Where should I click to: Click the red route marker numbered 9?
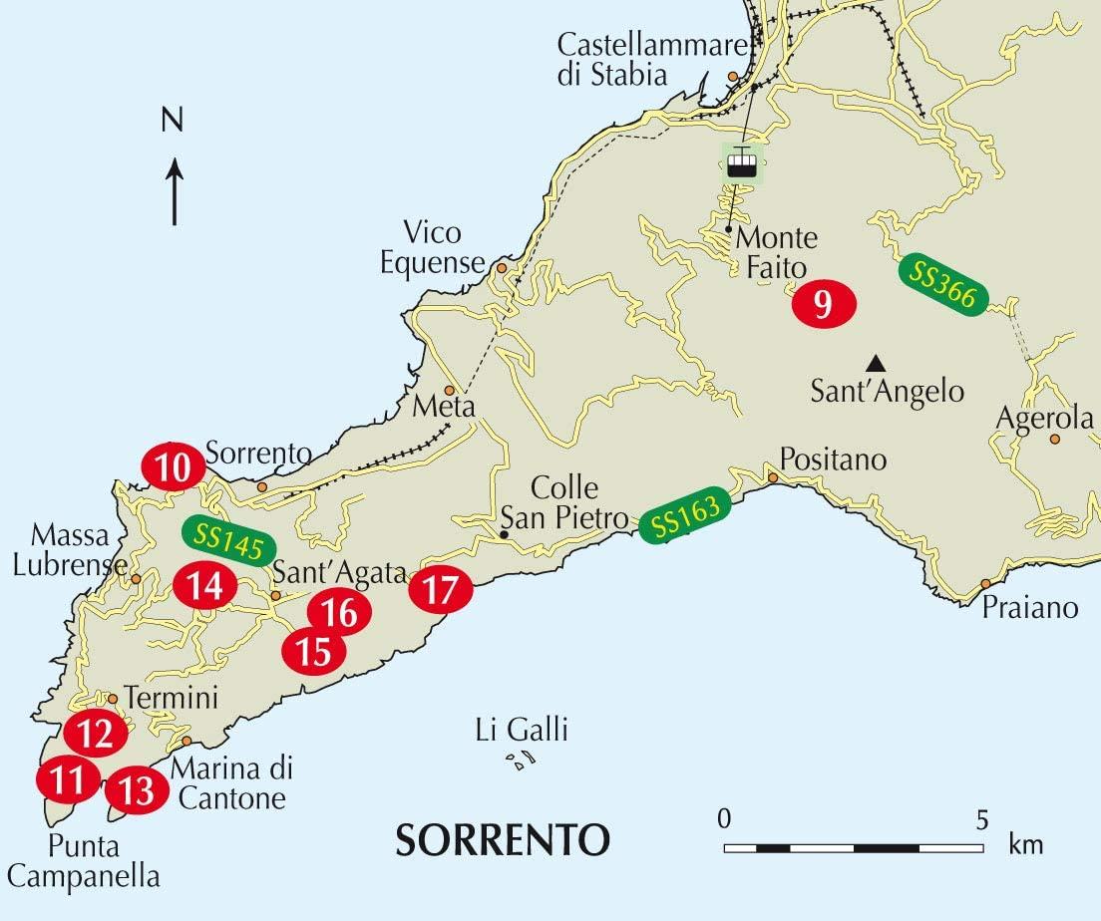tap(824, 303)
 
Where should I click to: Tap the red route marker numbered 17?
tap(441, 590)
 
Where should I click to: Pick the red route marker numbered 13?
tap(137, 791)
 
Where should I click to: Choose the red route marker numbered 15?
tap(314, 652)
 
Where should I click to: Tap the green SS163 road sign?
tap(685, 519)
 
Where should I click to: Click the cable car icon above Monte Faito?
tap(741, 163)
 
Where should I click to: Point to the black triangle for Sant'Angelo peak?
tap(875, 362)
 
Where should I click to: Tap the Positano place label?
tap(833, 460)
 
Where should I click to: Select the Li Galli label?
tap(522, 731)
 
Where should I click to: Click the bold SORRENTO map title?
tap(503, 839)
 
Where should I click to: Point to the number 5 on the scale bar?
tap(982, 820)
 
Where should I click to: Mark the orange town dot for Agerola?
tap(1055, 439)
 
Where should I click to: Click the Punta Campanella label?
tap(104, 862)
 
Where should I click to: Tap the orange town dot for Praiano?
tap(985, 584)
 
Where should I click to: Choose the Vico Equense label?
tap(432, 248)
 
